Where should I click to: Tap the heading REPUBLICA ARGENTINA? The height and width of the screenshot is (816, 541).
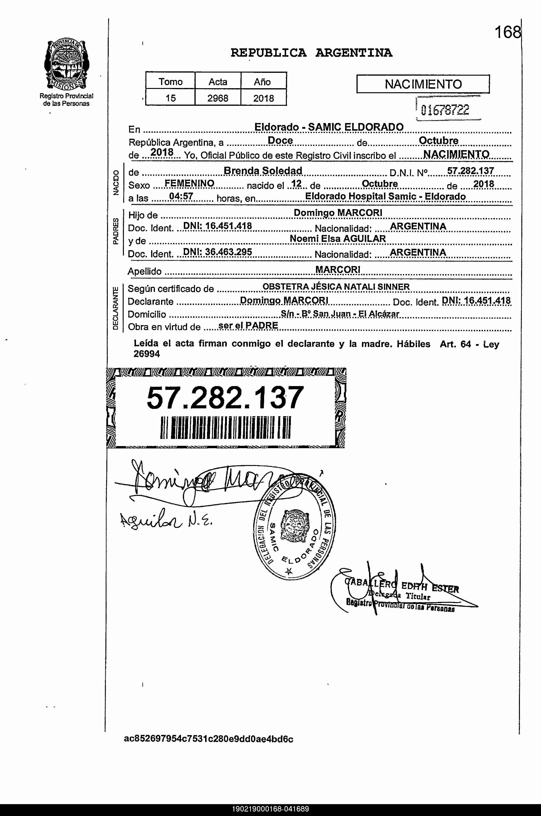tap(311, 53)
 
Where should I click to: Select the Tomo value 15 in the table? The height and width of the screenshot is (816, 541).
tap(171, 98)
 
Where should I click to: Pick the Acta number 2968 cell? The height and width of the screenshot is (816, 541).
tap(218, 98)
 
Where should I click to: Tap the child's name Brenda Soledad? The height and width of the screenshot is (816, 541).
tap(263, 171)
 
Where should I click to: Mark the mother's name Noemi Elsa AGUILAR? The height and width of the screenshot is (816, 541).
tap(338, 239)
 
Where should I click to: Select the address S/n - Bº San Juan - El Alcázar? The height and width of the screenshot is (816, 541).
tap(340, 313)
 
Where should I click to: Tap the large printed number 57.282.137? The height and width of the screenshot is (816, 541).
tap(225, 398)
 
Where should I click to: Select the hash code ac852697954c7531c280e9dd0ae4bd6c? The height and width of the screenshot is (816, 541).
tap(208, 739)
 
